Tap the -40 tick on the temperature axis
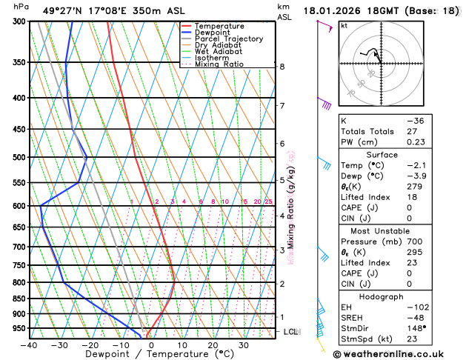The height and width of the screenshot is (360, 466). click(x=29, y=345)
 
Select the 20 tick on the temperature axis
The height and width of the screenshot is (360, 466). click(x=213, y=345)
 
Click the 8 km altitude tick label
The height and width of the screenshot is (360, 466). click(x=282, y=67)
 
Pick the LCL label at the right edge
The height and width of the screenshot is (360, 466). click(x=290, y=332)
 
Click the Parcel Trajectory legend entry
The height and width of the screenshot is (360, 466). click(x=228, y=39)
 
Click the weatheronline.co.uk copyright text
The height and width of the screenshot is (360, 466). click(x=397, y=353)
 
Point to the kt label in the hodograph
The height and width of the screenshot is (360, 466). click(x=344, y=25)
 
